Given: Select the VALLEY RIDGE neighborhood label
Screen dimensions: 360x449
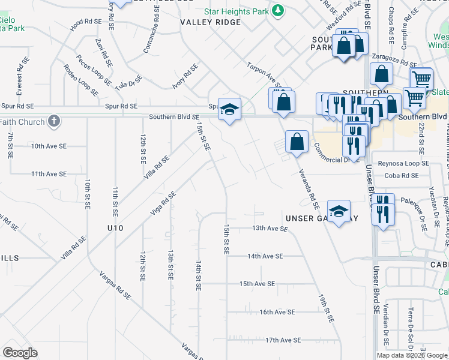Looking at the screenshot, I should point(210,22).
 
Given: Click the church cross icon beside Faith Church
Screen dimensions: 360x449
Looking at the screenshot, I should point(53,122).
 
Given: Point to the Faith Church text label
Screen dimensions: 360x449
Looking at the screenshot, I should point(22,122).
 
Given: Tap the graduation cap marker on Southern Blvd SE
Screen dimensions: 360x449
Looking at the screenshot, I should point(229,109).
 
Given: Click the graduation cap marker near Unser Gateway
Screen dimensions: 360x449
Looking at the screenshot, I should point(339,211).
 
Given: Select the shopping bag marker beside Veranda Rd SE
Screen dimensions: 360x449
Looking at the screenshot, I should point(297,142).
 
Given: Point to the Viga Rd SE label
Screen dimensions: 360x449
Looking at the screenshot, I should point(163,204).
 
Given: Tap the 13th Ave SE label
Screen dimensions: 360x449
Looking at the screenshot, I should point(270,229).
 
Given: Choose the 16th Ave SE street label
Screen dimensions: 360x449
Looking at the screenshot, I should point(277,312).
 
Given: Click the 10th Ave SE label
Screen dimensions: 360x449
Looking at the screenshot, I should point(49,146).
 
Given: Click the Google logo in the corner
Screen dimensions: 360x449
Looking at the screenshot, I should point(20,352).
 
